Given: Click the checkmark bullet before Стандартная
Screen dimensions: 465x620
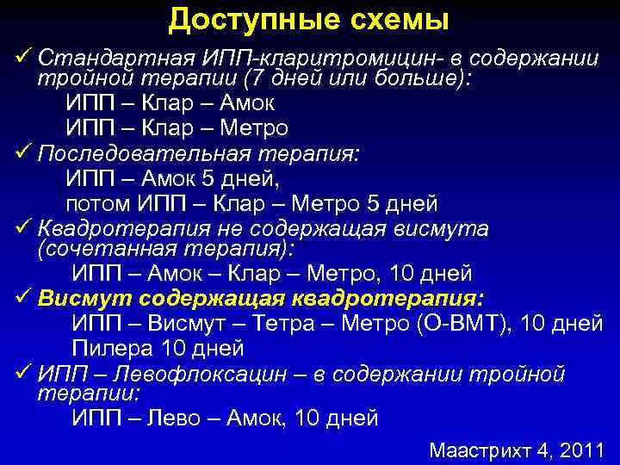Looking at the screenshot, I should (x=22, y=58).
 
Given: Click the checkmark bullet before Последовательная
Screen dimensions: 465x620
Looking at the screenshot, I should (x=22, y=153).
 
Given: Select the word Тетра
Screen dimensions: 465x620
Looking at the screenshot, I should (x=293, y=324).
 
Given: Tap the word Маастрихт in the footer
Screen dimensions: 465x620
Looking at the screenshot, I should (x=481, y=449).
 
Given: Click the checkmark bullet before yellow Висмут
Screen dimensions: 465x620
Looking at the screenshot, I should (x=22, y=298).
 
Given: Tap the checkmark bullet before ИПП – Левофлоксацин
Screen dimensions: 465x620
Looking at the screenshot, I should (x=22, y=374).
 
